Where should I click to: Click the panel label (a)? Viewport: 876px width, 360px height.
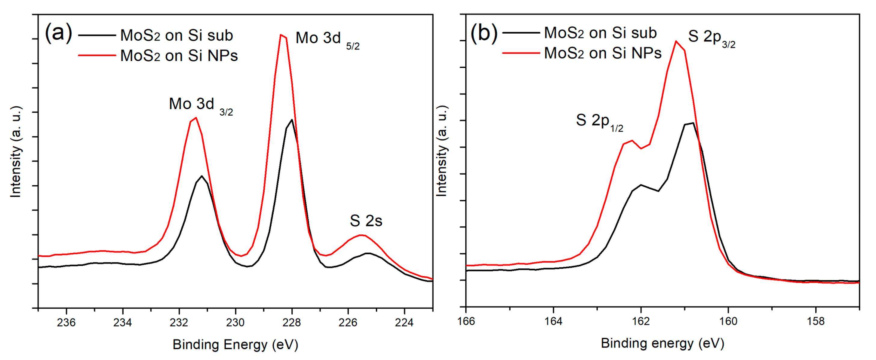pyautogui.click(x=59, y=33)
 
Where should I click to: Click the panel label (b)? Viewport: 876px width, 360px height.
pyautogui.click(x=484, y=33)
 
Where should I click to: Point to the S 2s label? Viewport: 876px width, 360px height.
pyautogui.click(x=366, y=221)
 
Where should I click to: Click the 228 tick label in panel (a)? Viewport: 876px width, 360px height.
pyautogui.click(x=291, y=322)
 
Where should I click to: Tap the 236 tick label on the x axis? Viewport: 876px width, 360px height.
pyautogui.click(x=66, y=322)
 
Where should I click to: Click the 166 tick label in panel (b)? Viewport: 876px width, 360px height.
pyautogui.click(x=466, y=321)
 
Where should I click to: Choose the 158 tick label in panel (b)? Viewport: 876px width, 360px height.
pyautogui.click(x=816, y=321)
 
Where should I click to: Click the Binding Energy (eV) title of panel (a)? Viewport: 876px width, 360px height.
pyautogui.click(x=235, y=345)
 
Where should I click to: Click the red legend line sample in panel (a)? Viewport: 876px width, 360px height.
pyautogui.click(x=97, y=55)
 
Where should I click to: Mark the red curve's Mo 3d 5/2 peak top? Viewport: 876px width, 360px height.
pyautogui.click(x=281, y=35)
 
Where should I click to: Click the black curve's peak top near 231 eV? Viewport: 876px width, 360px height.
pyautogui.click(x=202, y=176)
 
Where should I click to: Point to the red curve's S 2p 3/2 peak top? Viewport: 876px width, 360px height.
pyautogui.click(x=676, y=41)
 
